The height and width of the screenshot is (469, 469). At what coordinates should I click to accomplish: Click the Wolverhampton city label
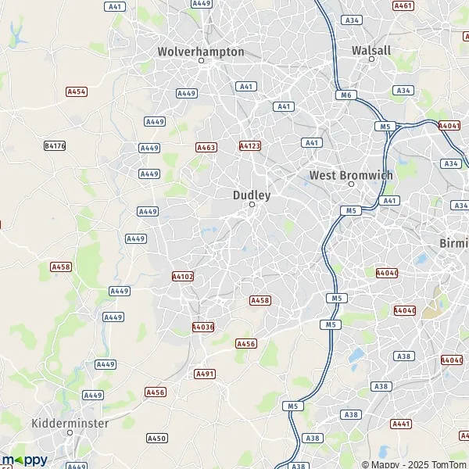[x=201, y=52]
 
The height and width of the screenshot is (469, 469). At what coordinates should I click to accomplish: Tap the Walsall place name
[x=371, y=50]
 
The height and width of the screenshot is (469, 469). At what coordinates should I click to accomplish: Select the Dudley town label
[x=252, y=195]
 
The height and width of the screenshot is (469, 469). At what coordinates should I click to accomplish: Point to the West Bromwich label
[x=351, y=175]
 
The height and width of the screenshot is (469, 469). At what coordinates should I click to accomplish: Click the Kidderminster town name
[x=70, y=423]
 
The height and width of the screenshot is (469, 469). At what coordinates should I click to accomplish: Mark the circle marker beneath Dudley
[x=252, y=205]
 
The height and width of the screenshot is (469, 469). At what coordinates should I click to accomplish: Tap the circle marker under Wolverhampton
[x=201, y=60]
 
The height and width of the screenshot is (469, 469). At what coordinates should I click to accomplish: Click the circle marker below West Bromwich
[x=351, y=184]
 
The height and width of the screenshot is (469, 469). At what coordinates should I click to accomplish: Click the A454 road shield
[x=76, y=91]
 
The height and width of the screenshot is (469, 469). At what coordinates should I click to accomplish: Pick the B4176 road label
[x=55, y=145]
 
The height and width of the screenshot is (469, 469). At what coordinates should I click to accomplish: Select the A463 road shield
[x=206, y=147]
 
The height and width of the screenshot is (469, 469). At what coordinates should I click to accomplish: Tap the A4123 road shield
[x=249, y=146]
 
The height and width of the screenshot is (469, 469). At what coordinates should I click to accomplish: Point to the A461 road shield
[x=404, y=5]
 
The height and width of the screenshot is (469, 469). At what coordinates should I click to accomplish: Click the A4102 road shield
[x=181, y=276]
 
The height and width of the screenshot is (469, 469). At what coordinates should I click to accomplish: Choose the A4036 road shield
[x=202, y=327]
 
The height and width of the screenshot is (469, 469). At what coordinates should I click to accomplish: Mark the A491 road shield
[x=205, y=374]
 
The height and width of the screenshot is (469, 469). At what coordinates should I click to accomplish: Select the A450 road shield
[x=156, y=439]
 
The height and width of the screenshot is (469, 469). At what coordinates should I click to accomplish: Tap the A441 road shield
[x=402, y=424]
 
